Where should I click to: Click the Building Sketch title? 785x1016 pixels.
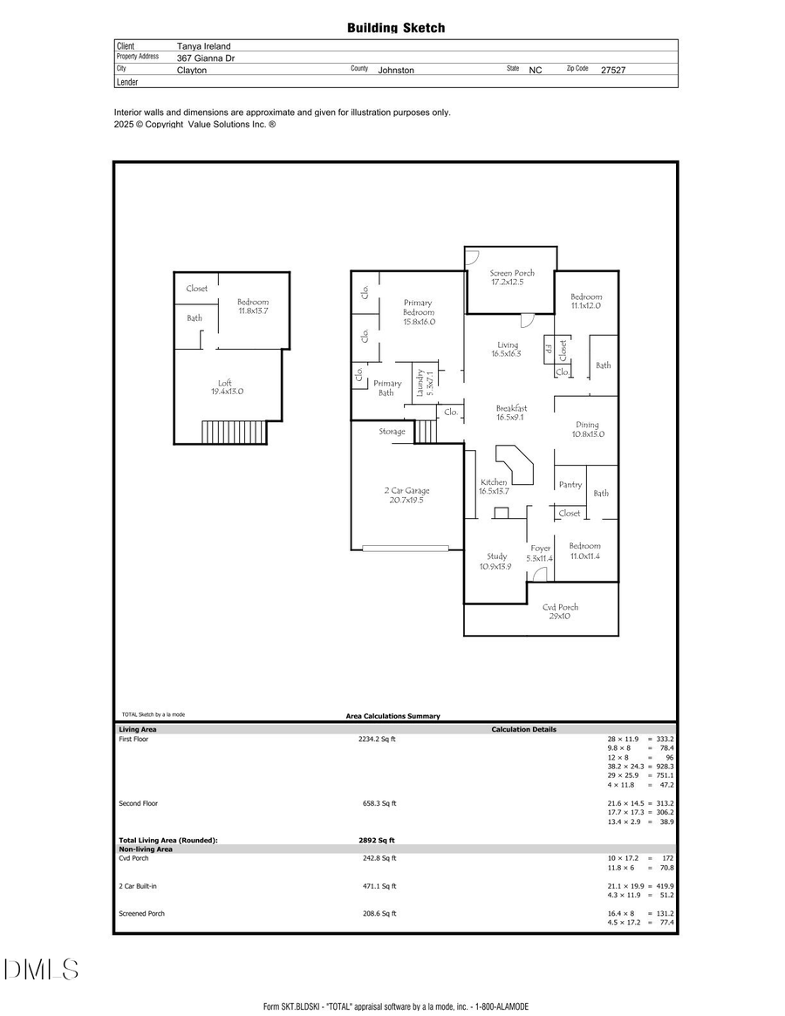[x=396, y=28]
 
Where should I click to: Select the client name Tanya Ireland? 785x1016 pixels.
[x=203, y=46]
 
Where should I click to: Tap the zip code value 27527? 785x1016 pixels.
[x=613, y=70]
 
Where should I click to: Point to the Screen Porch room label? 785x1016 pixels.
[x=512, y=277]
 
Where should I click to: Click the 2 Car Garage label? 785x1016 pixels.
[x=406, y=494]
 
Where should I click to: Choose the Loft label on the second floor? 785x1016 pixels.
[x=226, y=387]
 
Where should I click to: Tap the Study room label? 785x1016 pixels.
[x=496, y=561]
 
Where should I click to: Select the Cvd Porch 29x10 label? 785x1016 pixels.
[x=560, y=611]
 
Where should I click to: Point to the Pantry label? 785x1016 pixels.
[x=570, y=485]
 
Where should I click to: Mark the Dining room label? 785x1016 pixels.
[x=587, y=429]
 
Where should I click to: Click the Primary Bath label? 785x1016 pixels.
[x=387, y=388]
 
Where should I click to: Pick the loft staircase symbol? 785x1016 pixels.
[x=233, y=432]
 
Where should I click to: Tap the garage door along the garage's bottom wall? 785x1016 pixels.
[x=406, y=548]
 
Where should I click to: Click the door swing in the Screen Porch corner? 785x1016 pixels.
[x=472, y=256]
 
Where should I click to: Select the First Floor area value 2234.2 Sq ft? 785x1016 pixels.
[x=377, y=739]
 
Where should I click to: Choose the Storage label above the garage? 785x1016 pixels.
[x=392, y=432]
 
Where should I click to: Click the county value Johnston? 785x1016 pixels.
[x=396, y=70]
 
